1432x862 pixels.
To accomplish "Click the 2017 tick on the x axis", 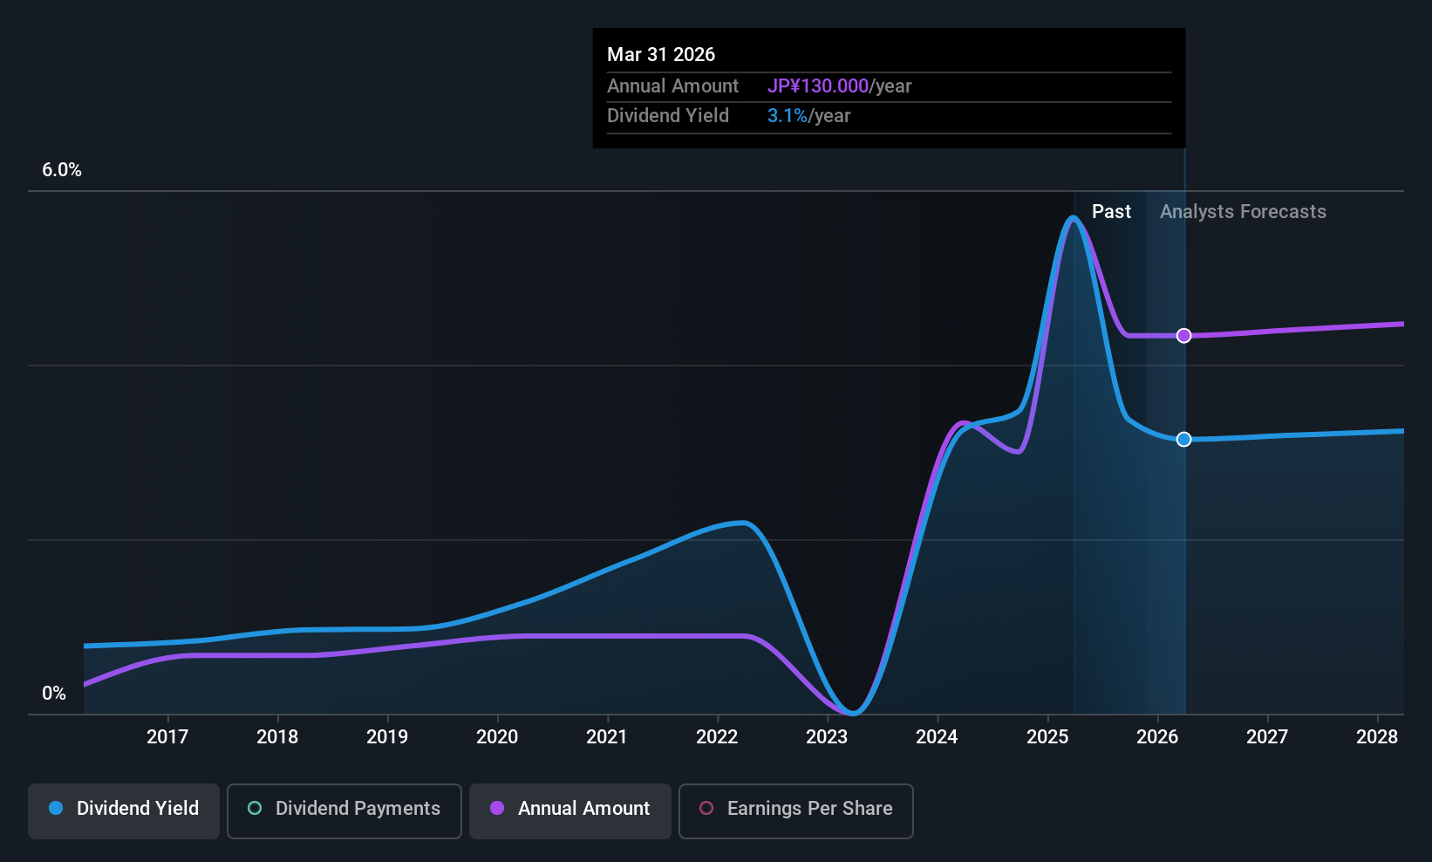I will [167, 736].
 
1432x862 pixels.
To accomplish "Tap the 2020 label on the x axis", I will [497, 736].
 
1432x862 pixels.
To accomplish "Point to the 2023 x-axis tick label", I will [827, 736].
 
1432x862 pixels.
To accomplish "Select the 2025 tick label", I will [1047, 736].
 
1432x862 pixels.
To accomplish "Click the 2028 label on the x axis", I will [1377, 736].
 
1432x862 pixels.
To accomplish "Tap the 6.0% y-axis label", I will [62, 170].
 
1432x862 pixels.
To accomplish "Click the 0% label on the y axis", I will [54, 694].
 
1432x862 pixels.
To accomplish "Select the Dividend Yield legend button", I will [124, 809].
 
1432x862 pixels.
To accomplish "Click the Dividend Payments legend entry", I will [344, 809].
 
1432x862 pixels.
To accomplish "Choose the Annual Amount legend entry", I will [570, 809].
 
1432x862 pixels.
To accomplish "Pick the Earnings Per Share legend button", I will [795, 809].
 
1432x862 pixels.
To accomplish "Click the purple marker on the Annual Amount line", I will [1183, 336].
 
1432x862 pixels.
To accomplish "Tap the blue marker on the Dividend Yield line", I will [1183, 440].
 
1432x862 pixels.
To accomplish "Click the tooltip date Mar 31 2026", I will [661, 55].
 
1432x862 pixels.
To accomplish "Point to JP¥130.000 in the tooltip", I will [818, 86].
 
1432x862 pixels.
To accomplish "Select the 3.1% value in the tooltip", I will [788, 116].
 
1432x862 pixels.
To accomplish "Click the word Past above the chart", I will [1111, 212].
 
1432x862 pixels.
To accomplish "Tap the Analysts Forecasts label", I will [1243, 212].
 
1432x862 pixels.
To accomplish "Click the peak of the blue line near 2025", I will [1074, 217].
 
